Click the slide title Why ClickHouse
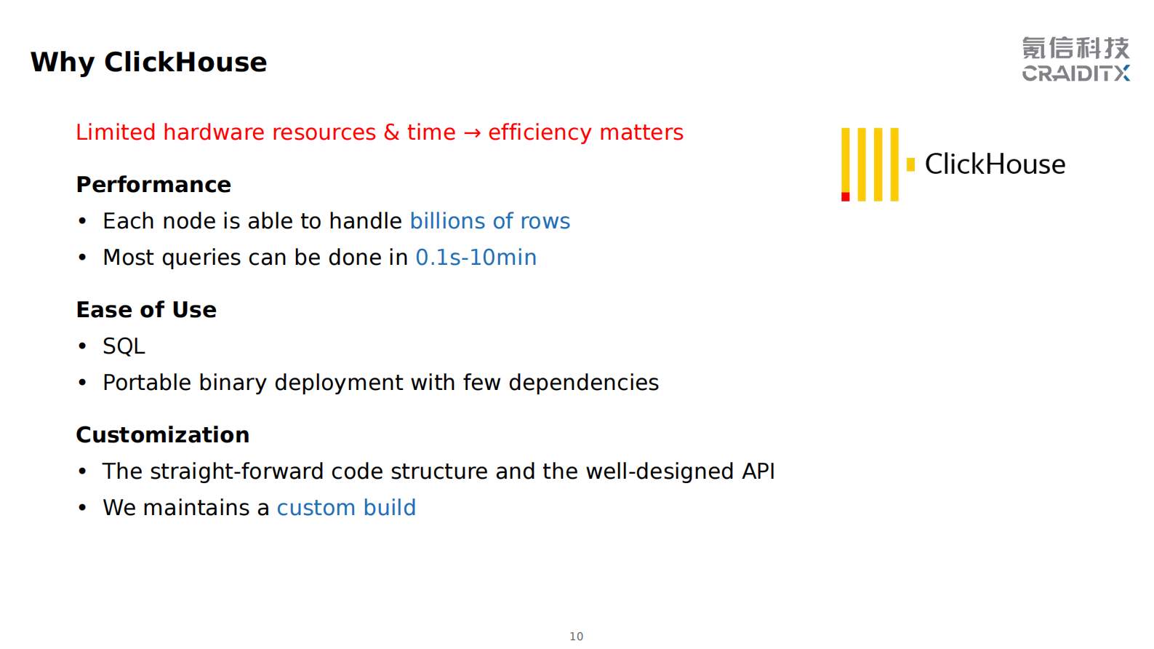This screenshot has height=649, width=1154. (148, 63)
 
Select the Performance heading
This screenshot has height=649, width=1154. (153, 185)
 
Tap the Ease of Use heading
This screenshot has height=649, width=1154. (146, 310)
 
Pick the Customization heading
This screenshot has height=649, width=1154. (163, 435)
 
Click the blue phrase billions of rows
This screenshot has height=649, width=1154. (490, 221)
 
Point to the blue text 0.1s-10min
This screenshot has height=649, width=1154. (476, 258)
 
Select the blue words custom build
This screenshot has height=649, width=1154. (346, 508)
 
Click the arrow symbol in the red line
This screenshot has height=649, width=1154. (472, 133)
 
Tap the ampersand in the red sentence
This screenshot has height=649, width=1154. (391, 132)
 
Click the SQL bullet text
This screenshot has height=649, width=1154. (124, 346)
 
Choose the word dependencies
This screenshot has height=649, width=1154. (584, 383)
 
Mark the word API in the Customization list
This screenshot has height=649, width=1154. (758, 471)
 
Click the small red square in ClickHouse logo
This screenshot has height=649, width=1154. (846, 197)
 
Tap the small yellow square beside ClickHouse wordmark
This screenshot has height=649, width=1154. (911, 164)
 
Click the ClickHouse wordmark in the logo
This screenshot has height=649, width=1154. (995, 164)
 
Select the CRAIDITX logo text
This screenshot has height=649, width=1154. (1076, 73)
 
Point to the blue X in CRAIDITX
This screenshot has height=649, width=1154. (1121, 73)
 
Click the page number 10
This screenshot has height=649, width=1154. (577, 637)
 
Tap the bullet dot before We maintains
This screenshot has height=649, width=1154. (82, 508)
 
